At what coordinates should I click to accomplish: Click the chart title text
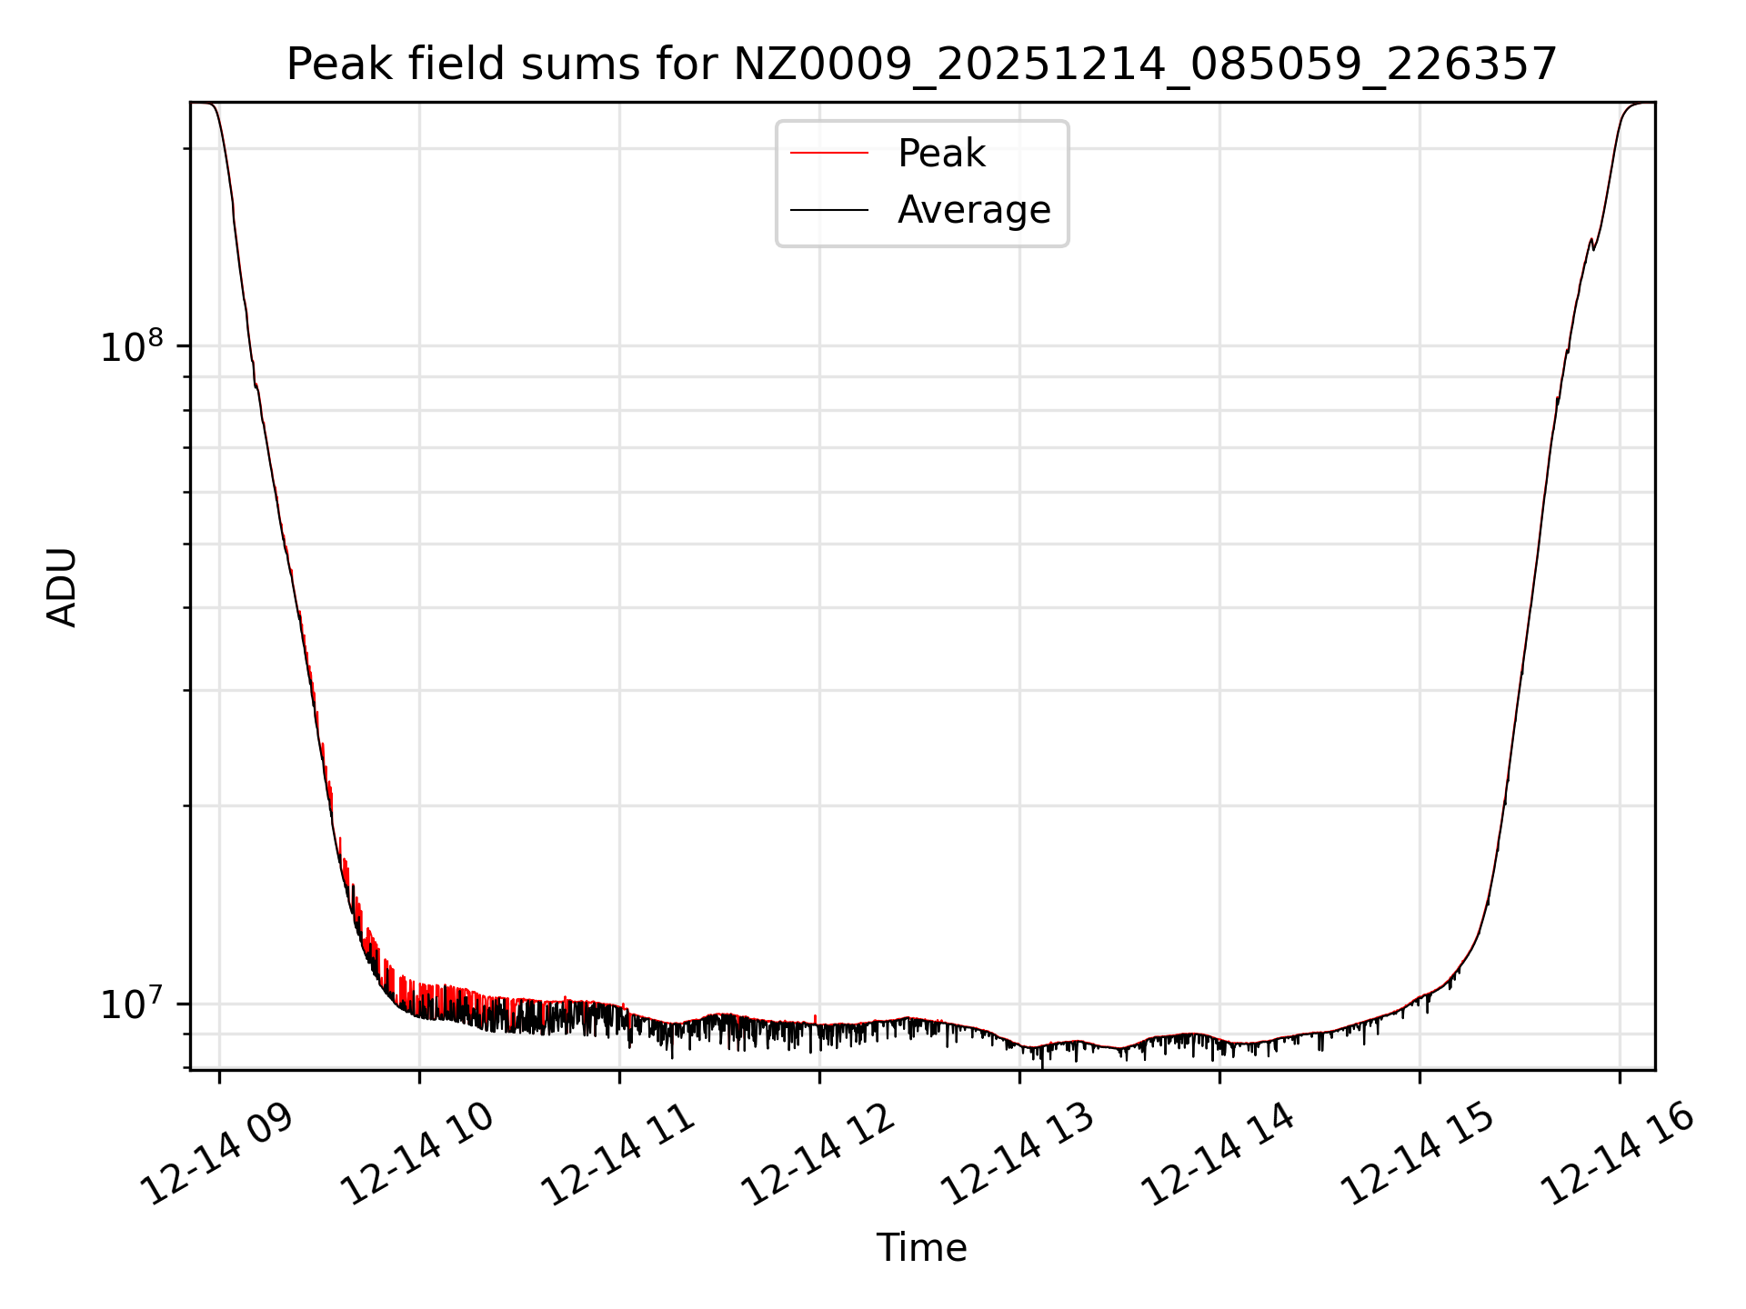pyautogui.click(x=921, y=65)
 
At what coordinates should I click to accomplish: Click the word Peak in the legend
pyautogui.click(x=941, y=154)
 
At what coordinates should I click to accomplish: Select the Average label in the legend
pyautogui.click(x=973, y=210)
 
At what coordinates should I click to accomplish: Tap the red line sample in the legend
pyautogui.click(x=828, y=154)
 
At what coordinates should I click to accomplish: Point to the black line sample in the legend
pyautogui.click(x=828, y=210)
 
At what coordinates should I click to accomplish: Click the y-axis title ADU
pyautogui.click(x=62, y=586)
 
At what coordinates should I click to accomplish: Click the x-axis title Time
pyautogui.click(x=921, y=1247)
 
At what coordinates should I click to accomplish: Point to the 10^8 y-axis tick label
pyautogui.click(x=131, y=347)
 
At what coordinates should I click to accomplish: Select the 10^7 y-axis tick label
pyautogui.click(x=131, y=1005)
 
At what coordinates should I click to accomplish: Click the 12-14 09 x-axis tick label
pyautogui.click(x=218, y=1154)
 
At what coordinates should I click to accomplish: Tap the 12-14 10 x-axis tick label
pyautogui.click(x=418, y=1154)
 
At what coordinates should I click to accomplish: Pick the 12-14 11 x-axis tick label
pyautogui.click(x=619, y=1154)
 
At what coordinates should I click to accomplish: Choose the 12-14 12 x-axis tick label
pyautogui.click(x=819, y=1154)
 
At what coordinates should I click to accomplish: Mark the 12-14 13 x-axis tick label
pyautogui.click(x=1018, y=1154)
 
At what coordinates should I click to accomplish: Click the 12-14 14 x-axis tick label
pyautogui.click(x=1219, y=1154)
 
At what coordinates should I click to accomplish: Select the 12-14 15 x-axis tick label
pyautogui.click(x=1419, y=1154)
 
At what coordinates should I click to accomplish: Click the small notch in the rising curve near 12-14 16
pyautogui.click(x=1592, y=244)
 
